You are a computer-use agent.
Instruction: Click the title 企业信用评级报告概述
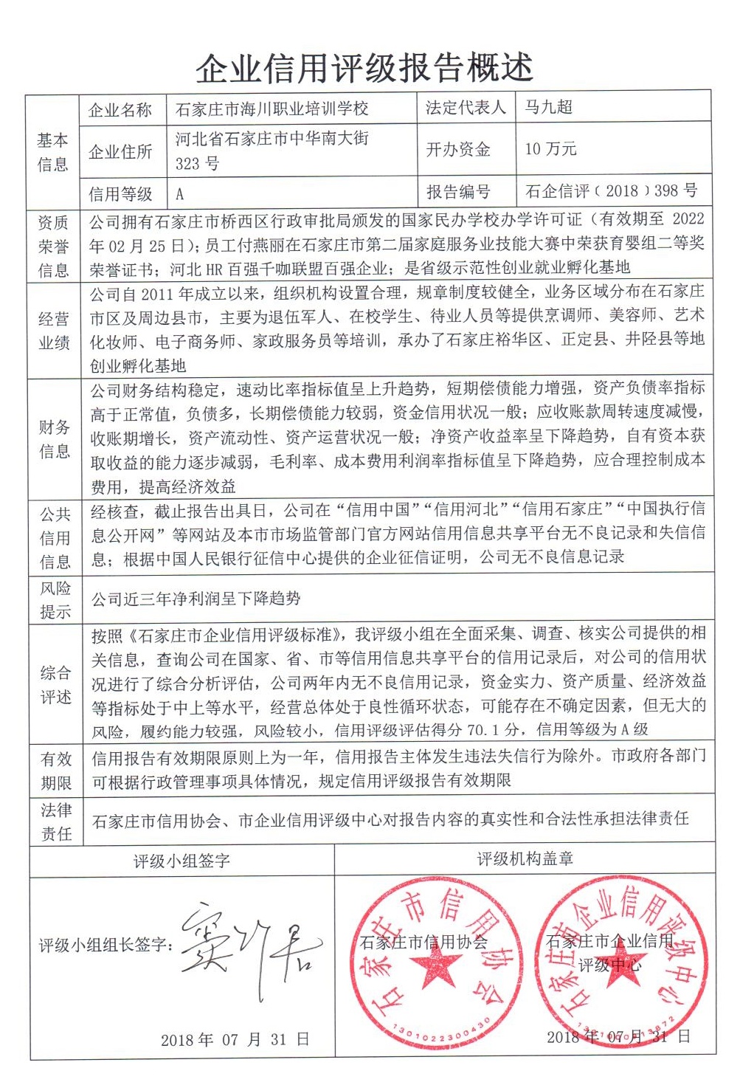pos(364,69)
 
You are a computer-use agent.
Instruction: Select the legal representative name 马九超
pos(548,108)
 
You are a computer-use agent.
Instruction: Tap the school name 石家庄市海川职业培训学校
pos(272,110)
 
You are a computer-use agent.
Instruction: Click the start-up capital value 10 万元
pos(550,149)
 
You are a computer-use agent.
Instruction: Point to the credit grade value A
pos(179,195)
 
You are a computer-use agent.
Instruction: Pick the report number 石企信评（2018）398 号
pos(611,192)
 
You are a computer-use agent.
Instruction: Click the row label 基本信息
pos(52,152)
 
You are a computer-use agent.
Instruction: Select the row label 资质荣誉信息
pos(53,247)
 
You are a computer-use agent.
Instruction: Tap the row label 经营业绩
pos(54,331)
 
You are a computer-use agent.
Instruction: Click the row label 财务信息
pos(54,438)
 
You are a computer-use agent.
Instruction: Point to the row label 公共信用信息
pos(55,538)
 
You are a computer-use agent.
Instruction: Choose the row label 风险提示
pos(55,599)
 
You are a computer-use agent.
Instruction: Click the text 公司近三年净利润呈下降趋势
pos(196,599)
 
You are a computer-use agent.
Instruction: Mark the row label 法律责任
pos(56,821)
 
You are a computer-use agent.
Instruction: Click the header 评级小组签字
pos(181,861)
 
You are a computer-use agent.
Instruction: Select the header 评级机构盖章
pos(525,859)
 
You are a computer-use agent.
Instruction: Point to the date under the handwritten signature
pos(235,1040)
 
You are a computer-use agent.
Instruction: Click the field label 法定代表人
pos(466,108)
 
